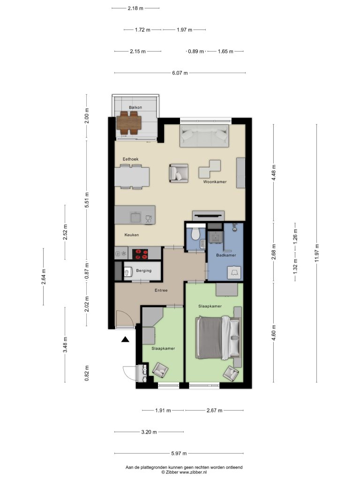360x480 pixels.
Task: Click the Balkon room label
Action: click(135, 107)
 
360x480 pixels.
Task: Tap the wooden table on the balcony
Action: click(129, 123)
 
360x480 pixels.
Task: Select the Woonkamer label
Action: click(215, 182)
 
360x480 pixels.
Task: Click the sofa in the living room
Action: click(204, 135)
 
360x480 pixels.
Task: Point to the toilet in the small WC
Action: click(195, 234)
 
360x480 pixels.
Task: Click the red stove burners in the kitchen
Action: click(140, 254)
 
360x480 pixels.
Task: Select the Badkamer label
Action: click(226, 255)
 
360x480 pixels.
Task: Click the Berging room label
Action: click(143, 270)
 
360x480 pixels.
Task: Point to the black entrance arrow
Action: click(125, 339)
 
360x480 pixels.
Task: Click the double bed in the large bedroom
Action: click(218, 337)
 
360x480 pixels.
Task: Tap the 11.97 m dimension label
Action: click(317, 253)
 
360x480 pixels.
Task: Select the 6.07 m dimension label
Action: click(180, 73)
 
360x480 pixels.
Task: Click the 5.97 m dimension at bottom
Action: click(179, 453)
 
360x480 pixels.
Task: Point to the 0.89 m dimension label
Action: click(196, 52)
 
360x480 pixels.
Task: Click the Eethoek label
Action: click(130, 159)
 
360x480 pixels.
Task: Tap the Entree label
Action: click(161, 290)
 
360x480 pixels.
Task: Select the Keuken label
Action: click(132, 235)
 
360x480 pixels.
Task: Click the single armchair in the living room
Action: click(179, 173)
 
